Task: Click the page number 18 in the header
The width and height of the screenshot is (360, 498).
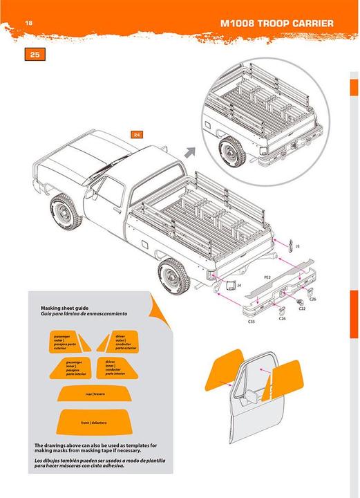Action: point(29,24)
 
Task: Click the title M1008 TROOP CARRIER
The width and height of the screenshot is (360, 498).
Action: point(276,24)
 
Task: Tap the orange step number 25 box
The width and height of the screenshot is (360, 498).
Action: point(35,54)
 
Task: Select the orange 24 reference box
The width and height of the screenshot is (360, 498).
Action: point(138,134)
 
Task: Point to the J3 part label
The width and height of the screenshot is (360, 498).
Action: point(297,246)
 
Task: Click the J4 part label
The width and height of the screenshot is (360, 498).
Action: point(238,284)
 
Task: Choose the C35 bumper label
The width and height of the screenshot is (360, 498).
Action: point(251,322)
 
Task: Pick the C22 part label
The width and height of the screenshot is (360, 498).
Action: point(302,309)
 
